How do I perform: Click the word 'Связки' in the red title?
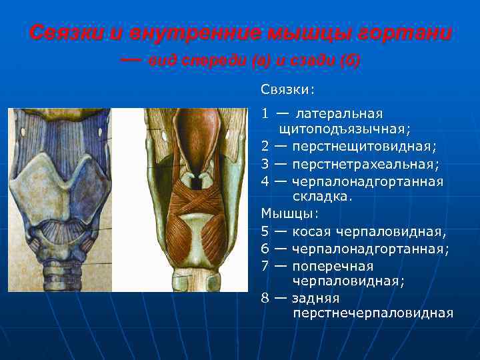[x=63, y=33]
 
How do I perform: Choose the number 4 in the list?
[x=265, y=181]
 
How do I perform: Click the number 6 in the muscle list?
[x=265, y=249]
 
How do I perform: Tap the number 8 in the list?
[x=265, y=298]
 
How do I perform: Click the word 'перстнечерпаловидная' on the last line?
[x=373, y=313]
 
